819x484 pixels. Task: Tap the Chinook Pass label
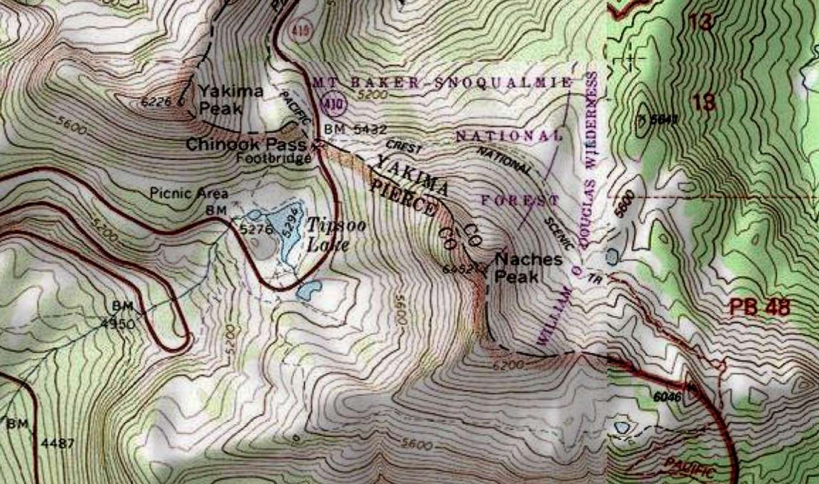[x=245, y=145]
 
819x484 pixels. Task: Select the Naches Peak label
[x=528, y=266]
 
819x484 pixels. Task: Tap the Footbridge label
[x=283, y=159]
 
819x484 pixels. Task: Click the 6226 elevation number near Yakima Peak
[x=156, y=102]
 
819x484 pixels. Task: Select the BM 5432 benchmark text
[x=355, y=129]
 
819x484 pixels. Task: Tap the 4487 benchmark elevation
[x=58, y=443]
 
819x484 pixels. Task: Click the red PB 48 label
[x=760, y=307]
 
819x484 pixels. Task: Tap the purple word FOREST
[x=520, y=200]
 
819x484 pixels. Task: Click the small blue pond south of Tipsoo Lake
[x=308, y=291]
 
